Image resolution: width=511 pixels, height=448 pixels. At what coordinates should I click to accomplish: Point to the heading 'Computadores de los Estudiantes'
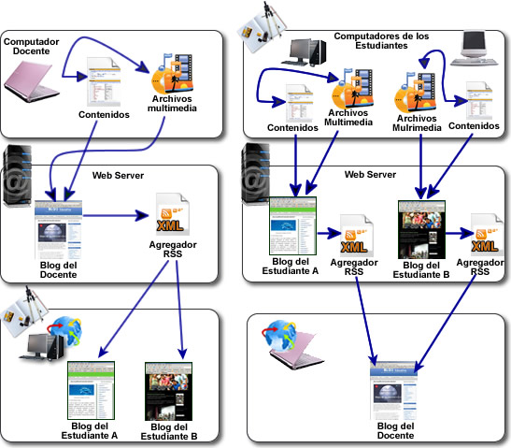tap(383, 40)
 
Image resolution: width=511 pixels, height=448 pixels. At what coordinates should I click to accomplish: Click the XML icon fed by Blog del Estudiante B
tap(484, 236)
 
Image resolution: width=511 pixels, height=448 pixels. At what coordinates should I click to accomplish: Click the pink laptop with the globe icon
tap(295, 350)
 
